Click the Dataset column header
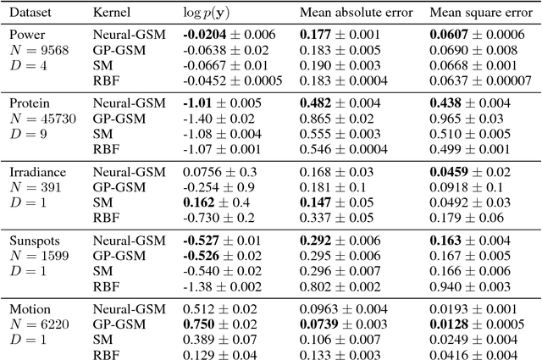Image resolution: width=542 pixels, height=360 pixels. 29,14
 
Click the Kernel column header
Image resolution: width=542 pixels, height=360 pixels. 113,14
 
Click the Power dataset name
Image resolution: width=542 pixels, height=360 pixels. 27,35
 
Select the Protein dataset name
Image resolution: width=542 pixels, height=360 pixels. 30,102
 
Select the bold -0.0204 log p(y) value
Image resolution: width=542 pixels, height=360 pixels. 205,35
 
